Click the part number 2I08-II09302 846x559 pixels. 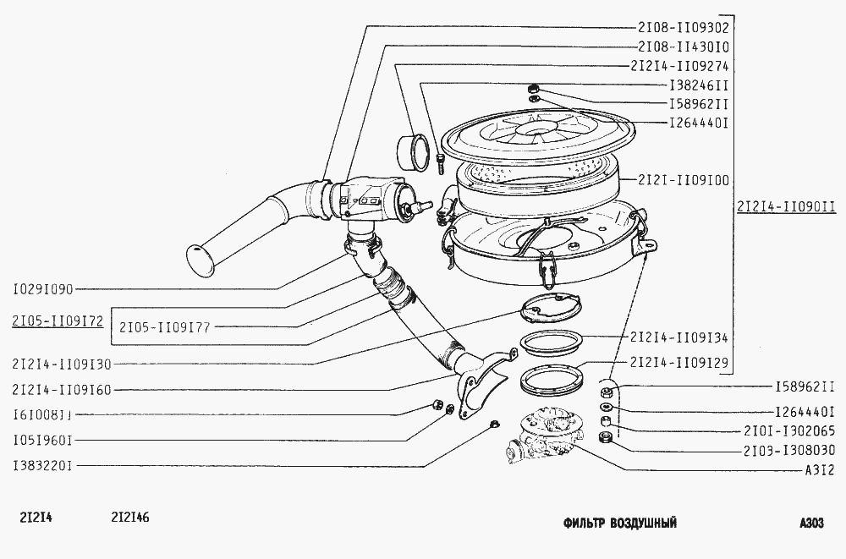click(x=683, y=28)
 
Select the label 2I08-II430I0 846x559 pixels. click(x=683, y=47)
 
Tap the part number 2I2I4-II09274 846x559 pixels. click(x=679, y=66)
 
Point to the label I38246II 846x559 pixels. click(x=699, y=85)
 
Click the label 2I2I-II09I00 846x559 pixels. click(x=683, y=180)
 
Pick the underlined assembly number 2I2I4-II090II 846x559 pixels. click(x=786, y=206)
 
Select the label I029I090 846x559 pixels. click(x=42, y=290)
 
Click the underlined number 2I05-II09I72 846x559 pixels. click(x=58, y=321)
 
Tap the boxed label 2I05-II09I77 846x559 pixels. click(x=165, y=327)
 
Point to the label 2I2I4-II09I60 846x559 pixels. click(x=62, y=390)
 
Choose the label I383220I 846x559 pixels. click(x=42, y=465)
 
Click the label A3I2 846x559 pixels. click(x=820, y=470)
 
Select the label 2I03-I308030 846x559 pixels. click(x=788, y=450)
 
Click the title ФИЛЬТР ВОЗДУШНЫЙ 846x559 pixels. click(x=620, y=523)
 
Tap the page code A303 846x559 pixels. click(x=811, y=523)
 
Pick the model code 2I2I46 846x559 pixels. click(x=130, y=518)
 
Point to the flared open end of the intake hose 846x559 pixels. click(x=201, y=261)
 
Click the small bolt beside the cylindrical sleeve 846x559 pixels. click(x=439, y=162)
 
